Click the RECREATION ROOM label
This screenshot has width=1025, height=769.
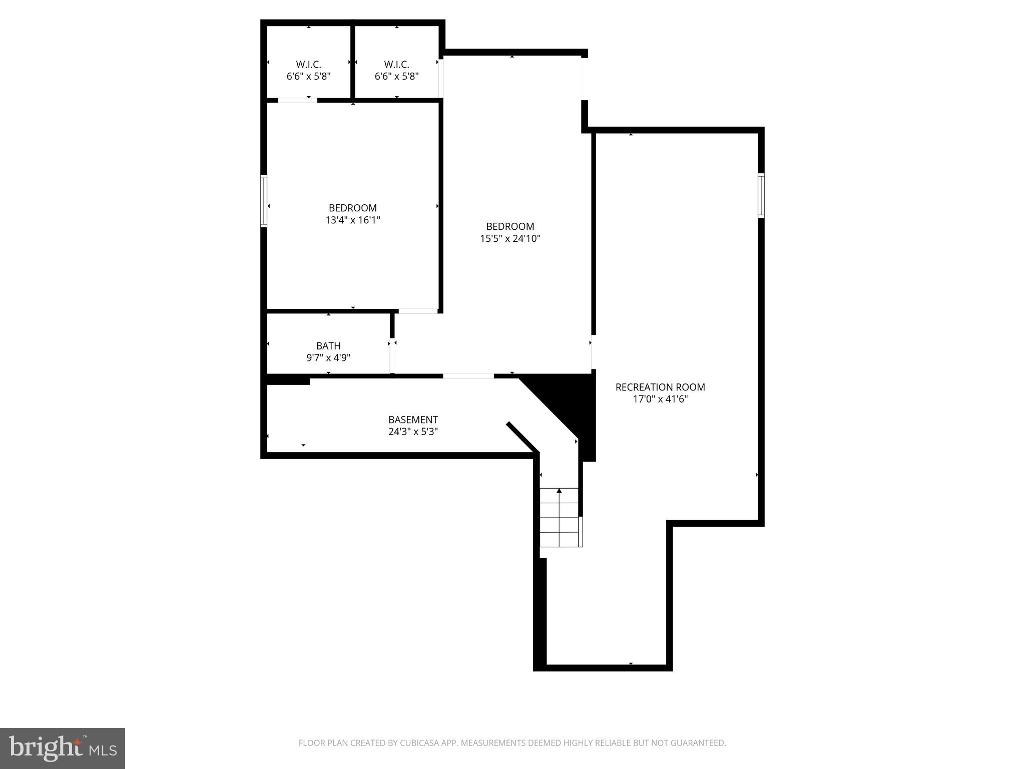click(660, 387)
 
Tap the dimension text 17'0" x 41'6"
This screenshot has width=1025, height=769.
click(660, 399)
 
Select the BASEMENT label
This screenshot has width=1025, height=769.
click(413, 420)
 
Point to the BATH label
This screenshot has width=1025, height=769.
click(328, 345)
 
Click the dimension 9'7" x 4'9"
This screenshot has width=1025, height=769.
click(328, 357)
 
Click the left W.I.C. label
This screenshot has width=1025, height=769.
click(308, 65)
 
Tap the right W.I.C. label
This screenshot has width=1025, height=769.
click(396, 65)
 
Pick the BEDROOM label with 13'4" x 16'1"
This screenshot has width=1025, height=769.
click(353, 208)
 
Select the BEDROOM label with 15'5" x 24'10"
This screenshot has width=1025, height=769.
click(510, 226)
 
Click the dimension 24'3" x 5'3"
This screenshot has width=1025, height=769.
click(413, 432)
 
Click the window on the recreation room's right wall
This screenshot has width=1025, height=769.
click(761, 195)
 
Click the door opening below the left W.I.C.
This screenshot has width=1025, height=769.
click(297, 100)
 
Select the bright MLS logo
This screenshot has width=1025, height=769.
click(63, 748)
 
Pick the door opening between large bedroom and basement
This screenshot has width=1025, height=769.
click(468, 375)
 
